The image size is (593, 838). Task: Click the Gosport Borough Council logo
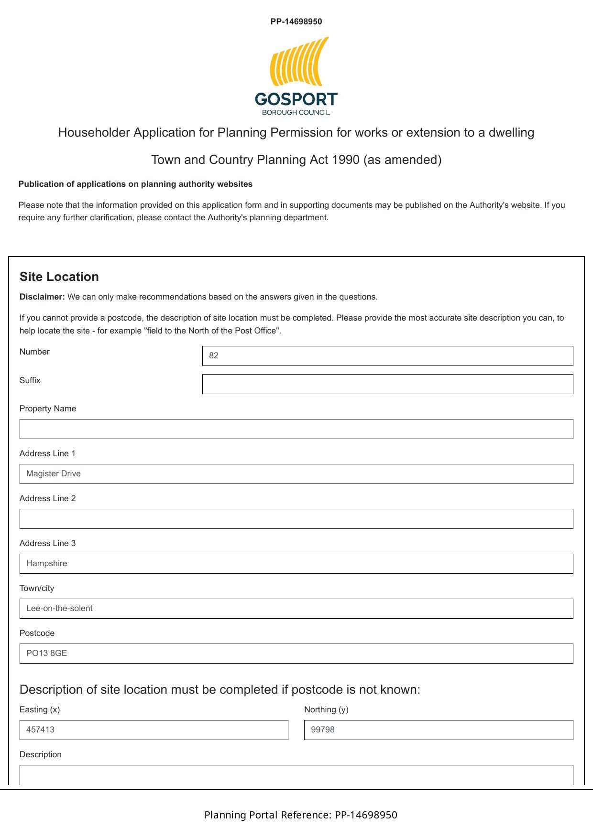296,76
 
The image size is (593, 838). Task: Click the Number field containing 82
387,356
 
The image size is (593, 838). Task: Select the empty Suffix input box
387,384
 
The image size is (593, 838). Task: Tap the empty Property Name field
296,429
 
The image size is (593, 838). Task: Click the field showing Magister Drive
296,474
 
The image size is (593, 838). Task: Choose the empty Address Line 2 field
296,519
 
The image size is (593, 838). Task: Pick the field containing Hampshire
296,564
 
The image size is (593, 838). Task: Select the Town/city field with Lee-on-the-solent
296,609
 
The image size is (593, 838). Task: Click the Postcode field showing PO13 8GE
296,654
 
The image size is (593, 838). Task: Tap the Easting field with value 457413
154,730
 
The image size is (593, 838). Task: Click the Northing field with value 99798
438,730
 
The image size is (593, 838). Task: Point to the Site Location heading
59,277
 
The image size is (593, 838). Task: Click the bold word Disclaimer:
42,297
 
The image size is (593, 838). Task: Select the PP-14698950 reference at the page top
296,21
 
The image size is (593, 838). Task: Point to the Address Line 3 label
47,543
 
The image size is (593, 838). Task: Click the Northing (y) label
326,709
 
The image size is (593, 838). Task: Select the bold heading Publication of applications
135,184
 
